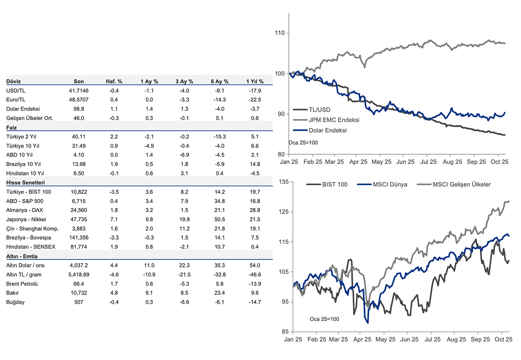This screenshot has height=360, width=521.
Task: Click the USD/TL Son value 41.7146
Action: coord(79,91)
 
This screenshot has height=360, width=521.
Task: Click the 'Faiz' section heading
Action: coord(11,128)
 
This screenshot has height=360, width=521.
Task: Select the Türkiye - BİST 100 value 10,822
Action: coord(79,192)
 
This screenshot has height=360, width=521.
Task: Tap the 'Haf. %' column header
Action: coord(114,81)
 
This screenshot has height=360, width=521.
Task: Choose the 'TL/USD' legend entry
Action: coord(319,110)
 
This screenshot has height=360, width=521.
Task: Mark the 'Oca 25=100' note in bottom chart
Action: coord(325,318)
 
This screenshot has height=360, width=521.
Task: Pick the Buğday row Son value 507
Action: coord(79,302)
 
